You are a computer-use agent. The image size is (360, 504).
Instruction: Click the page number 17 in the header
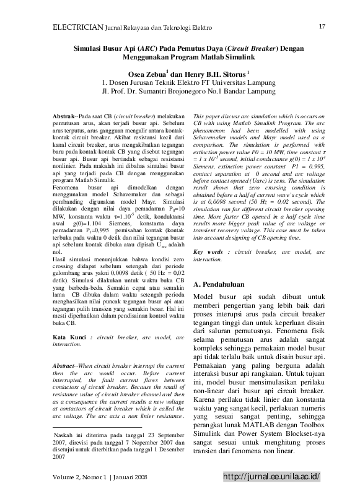[322, 26]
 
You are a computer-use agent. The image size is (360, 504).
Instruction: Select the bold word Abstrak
[63, 116]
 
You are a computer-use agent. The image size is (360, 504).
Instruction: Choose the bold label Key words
[209, 252]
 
